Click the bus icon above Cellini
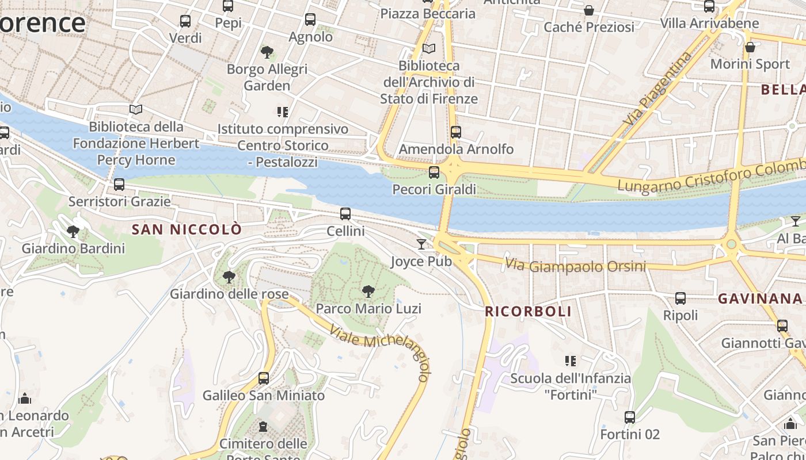click(345, 214)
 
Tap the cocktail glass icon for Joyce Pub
click(421, 244)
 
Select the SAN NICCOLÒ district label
click(187, 229)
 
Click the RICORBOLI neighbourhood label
click(529, 312)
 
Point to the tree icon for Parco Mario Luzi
click(368, 292)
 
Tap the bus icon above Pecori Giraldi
click(434, 172)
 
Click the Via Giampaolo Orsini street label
click(575, 266)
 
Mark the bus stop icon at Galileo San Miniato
click(264, 378)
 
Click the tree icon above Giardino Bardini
click(73, 232)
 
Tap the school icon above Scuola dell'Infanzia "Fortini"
click(571, 361)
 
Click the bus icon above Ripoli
click(680, 298)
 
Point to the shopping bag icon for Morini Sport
click(750, 47)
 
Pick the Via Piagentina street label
click(657, 89)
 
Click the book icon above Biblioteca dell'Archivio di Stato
click(429, 49)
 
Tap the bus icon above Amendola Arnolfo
click(456, 132)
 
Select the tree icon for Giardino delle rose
click(229, 277)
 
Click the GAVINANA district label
click(760, 298)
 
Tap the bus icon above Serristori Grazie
click(119, 185)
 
